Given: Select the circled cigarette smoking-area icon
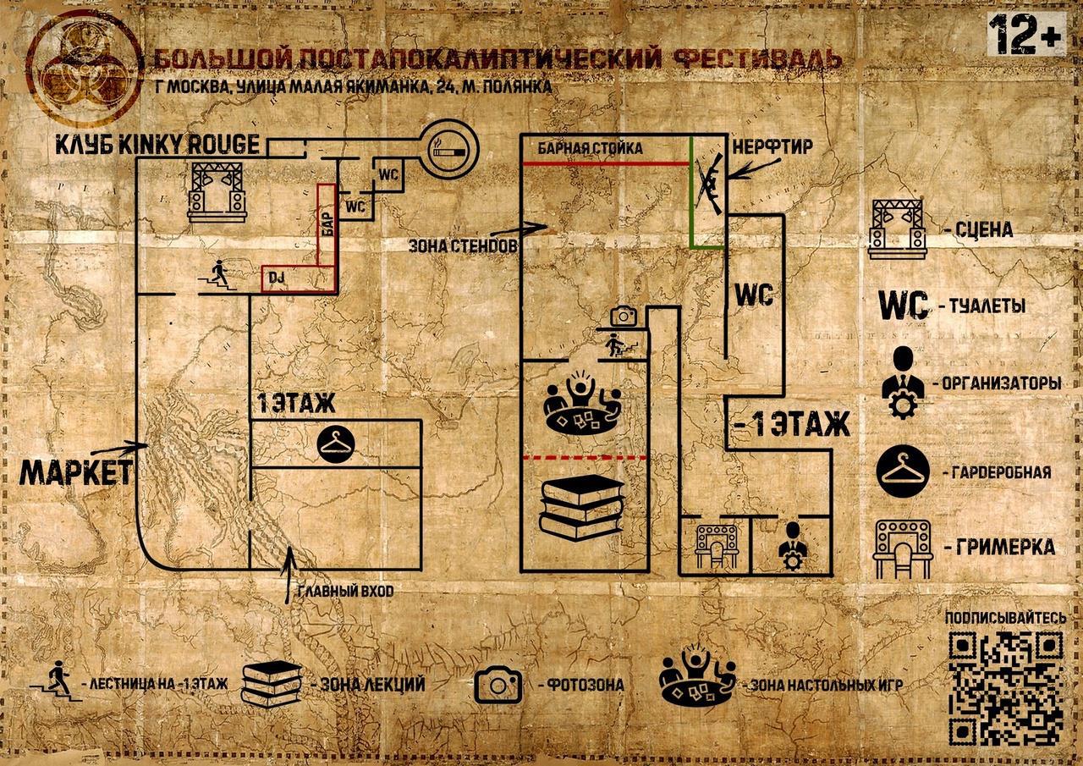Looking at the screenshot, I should [448, 151].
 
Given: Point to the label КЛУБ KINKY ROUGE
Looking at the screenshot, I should [157, 144].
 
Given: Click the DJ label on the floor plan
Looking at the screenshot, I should [275, 277].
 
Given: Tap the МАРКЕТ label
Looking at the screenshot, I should [76, 472].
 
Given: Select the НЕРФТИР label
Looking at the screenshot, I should [772, 147].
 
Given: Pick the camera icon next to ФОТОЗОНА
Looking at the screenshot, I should [498, 685].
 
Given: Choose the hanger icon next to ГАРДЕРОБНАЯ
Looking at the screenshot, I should [906, 471].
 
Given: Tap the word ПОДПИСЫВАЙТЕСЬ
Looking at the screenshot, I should [1004, 618].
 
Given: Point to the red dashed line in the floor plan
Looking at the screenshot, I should [583, 458].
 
